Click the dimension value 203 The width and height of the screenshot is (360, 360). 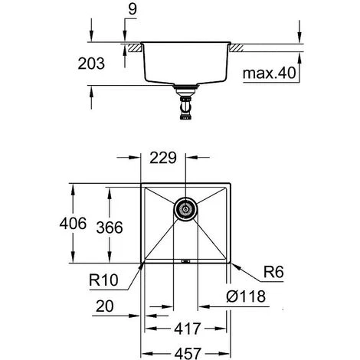pos(91,64)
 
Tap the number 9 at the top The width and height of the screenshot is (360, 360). pos(133,9)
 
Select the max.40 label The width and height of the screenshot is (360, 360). pos(270,73)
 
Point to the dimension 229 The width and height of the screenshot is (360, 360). pos(163,158)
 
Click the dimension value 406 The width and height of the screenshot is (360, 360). pos(73,224)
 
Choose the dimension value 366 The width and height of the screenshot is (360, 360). pos(110,227)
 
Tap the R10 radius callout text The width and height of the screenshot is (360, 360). pos(103,280)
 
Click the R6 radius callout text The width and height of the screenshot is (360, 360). pos(273,272)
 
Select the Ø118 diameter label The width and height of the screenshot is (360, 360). pos(246,296)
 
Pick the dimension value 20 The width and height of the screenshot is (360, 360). pos(105,306)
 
